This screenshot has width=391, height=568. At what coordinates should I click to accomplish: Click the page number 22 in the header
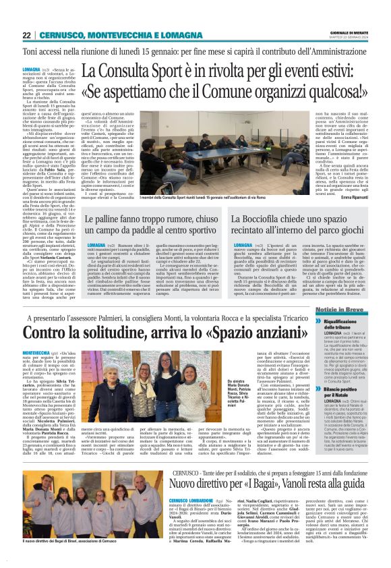[26, 36]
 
